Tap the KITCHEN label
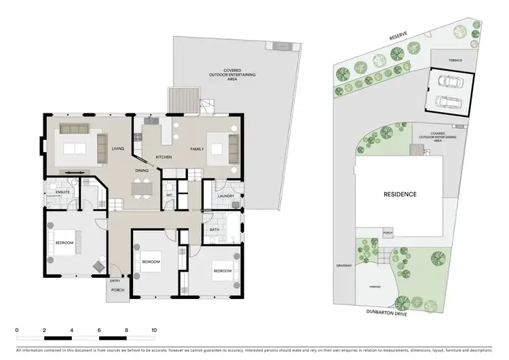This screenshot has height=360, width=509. point(164,158)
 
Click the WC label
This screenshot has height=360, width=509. point(169,195)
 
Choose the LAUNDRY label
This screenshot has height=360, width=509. point(226,196)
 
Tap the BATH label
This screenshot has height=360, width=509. point(214,230)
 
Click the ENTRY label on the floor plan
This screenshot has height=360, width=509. point(115,281)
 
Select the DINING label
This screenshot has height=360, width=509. point(142,170)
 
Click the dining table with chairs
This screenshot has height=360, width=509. point(142,188)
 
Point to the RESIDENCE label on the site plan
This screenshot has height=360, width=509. point(400,194)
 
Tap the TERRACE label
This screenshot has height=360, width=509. point(455,60)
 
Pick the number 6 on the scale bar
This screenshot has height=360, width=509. point(99,330)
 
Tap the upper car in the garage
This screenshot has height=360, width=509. point(451,82)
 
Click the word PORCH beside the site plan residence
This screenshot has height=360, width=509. point(388,233)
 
